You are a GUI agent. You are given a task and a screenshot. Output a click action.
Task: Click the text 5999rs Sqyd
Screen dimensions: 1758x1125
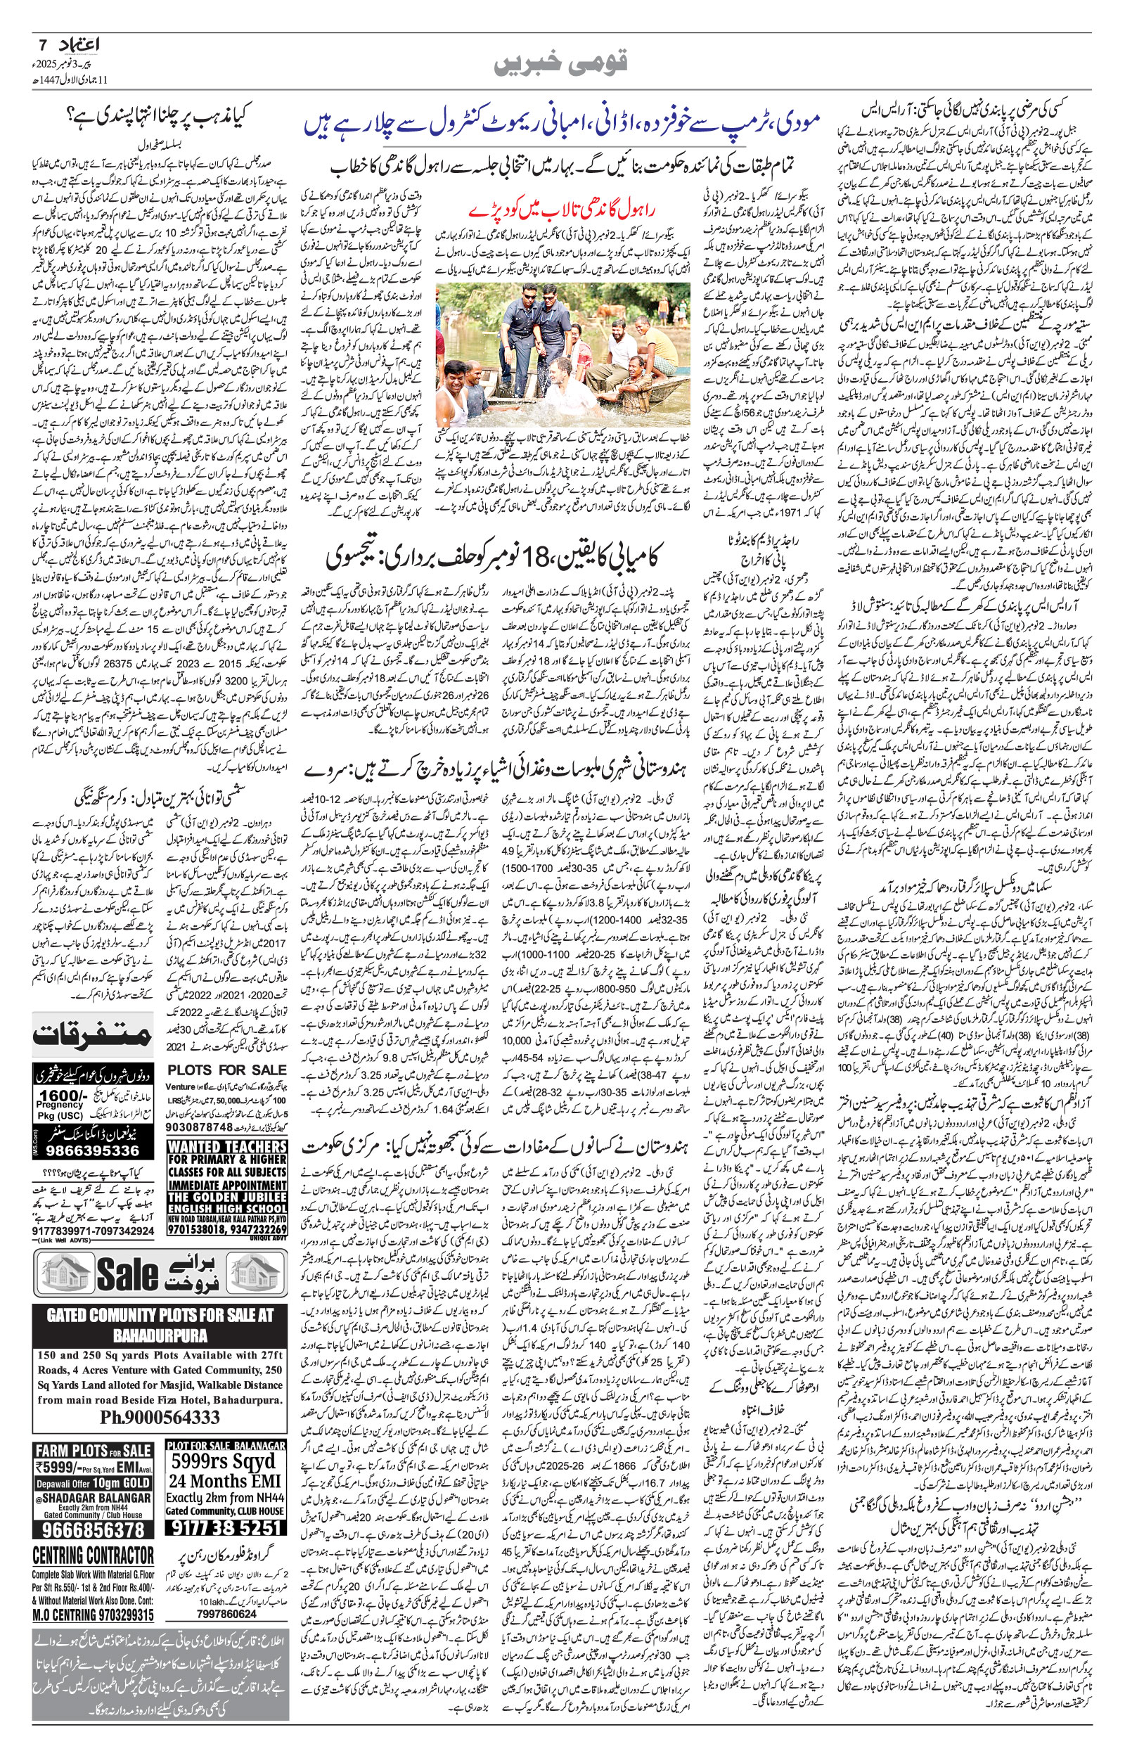224,1461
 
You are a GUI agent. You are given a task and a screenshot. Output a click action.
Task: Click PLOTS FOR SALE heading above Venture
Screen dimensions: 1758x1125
227,1070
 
